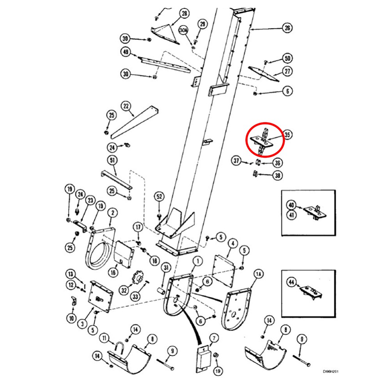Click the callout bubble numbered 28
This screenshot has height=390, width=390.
tap(184, 14)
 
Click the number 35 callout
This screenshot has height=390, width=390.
tap(287, 135)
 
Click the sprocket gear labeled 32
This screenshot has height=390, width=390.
tap(137, 279)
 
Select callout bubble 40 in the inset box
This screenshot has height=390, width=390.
tap(291, 205)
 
